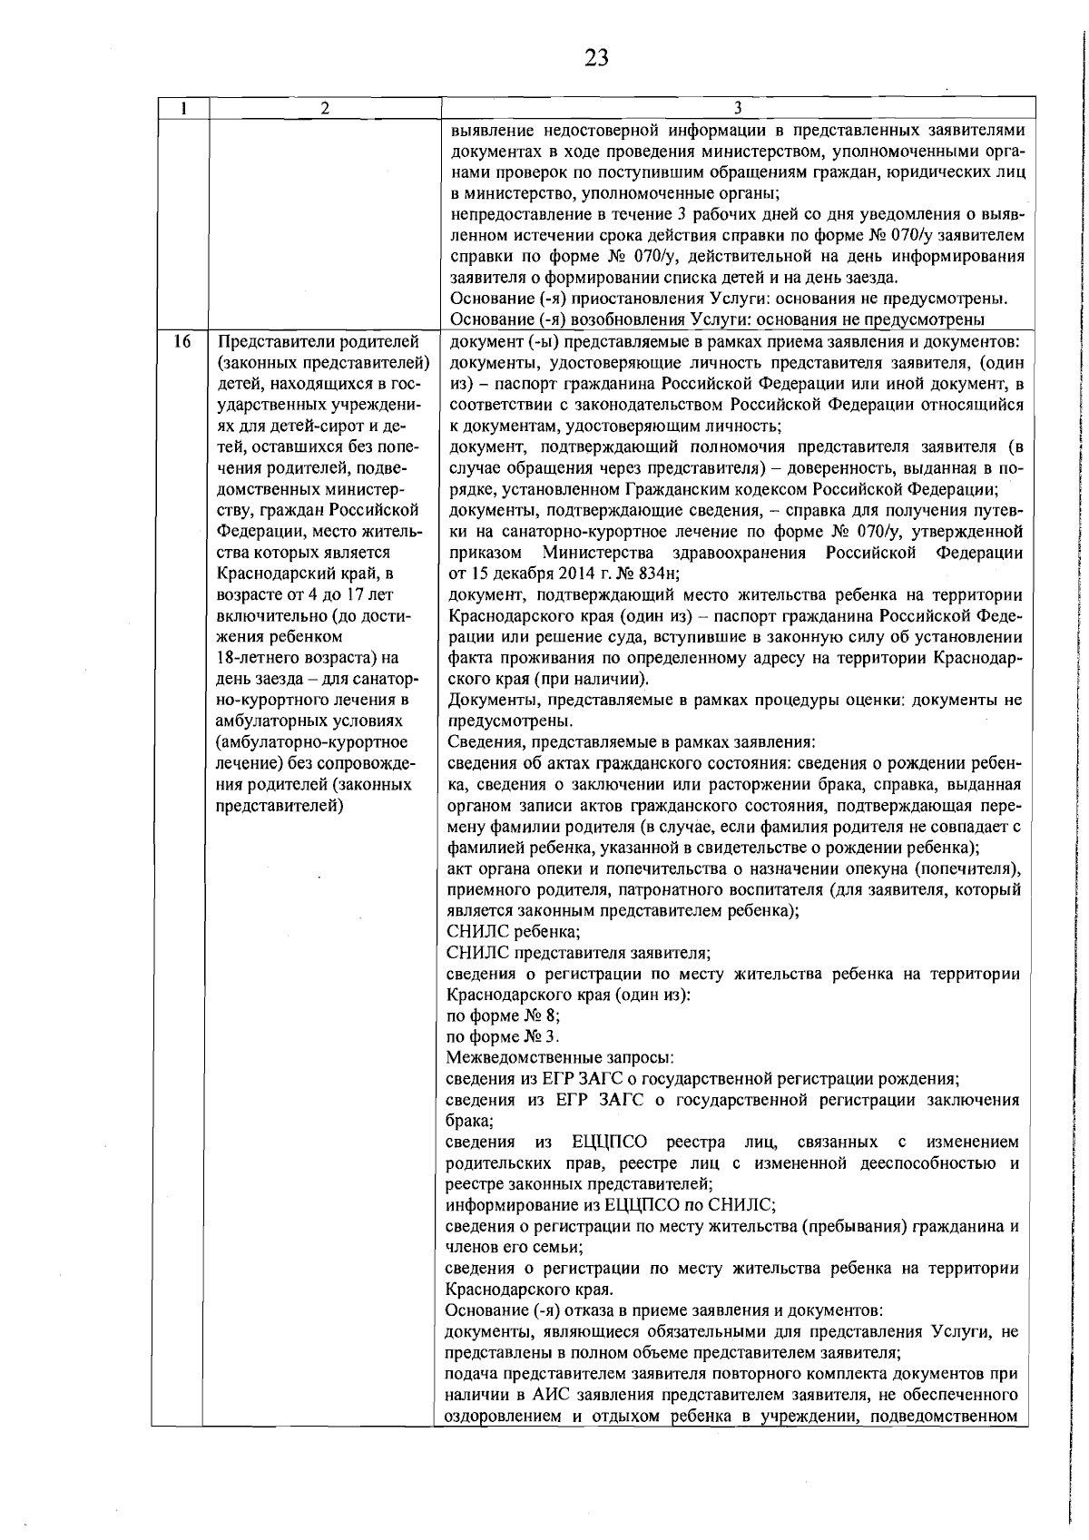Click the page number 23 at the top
click(596, 59)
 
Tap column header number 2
click(324, 108)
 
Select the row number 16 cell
click(181, 341)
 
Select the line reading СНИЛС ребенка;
click(514, 932)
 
